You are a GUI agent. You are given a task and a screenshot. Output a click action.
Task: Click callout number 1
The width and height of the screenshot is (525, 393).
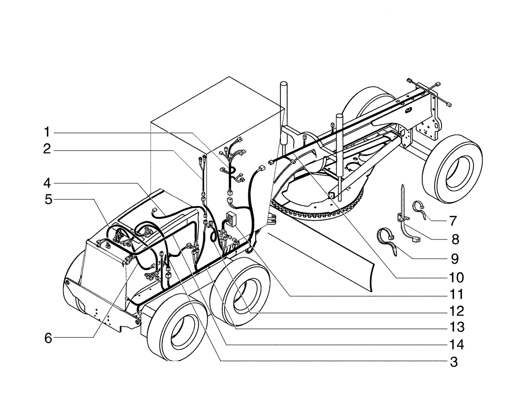click(48, 131)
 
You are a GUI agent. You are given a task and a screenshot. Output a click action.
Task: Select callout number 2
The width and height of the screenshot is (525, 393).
click(48, 150)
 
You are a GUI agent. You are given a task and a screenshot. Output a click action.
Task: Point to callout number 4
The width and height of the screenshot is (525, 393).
click(48, 183)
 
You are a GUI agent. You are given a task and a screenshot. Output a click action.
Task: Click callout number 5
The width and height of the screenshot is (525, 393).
click(48, 200)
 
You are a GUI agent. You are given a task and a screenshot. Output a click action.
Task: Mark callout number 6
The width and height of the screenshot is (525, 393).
click(48, 338)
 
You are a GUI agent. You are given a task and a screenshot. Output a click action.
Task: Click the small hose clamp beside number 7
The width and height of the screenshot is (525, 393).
click(421, 208)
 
